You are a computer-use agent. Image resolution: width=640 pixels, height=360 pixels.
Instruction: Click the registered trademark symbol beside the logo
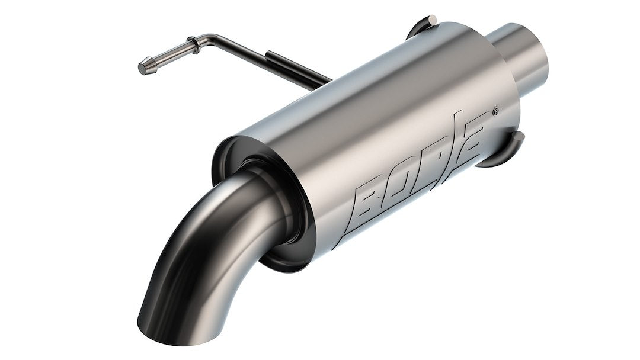click(495, 111)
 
